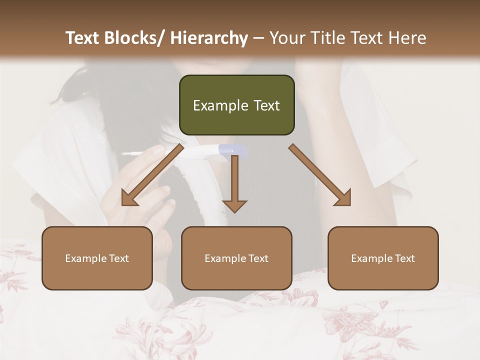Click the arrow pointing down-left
(x=150, y=176)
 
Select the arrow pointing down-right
(x=320, y=175)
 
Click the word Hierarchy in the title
(x=209, y=38)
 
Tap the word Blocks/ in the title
(x=137, y=38)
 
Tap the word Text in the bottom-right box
(x=404, y=258)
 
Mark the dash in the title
(x=258, y=38)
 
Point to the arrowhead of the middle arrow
(x=234, y=205)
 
